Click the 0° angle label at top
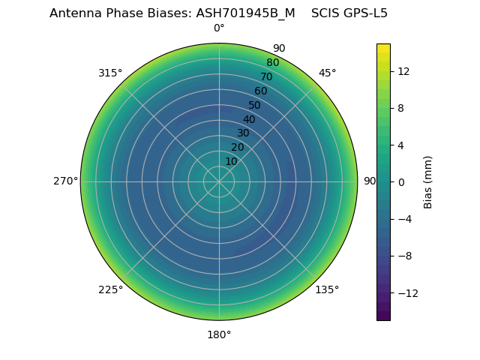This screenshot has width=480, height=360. (x=219, y=28)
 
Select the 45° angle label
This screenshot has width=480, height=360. (x=327, y=73)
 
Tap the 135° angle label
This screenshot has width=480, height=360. (x=327, y=289)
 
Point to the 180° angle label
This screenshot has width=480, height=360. (x=219, y=334)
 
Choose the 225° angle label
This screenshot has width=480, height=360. (x=110, y=289)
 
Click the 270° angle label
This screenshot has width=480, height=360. (x=65, y=181)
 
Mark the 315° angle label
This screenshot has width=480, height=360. (x=110, y=73)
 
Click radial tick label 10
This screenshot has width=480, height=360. (x=231, y=161)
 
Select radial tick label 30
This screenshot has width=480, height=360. (x=243, y=133)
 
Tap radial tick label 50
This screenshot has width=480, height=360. (x=254, y=105)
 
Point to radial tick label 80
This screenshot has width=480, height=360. (x=272, y=62)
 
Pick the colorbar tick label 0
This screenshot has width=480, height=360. (x=399, y=182)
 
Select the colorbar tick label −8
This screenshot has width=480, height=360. (x=402, y=256)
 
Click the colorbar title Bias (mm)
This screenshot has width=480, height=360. (x=428, y=181)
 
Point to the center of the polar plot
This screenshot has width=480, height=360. (x=219, y=181)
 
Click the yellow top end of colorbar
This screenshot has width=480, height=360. (x=383, y=47)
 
